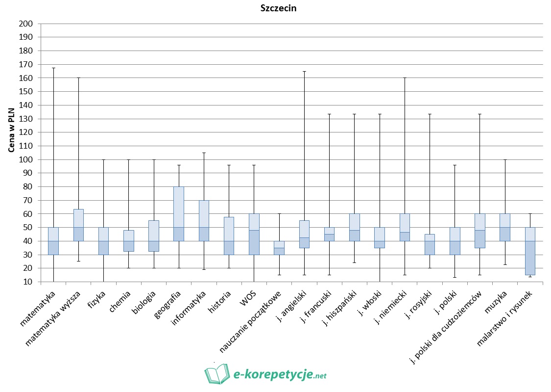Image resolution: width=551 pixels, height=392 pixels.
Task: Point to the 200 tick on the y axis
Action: pyautogui.click(x=25, y=24)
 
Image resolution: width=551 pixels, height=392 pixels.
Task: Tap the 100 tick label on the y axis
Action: pyautogui.click(x=25, y=159)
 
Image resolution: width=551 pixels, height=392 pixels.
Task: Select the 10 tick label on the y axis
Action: pyautogui.click(x=27, y=282)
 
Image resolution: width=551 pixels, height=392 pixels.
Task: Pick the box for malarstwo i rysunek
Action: pyautogui.click(x=530, y=248)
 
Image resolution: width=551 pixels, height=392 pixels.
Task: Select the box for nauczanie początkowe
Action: pyautogui.click(x=279, y=248)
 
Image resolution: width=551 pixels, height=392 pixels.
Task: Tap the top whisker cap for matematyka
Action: pyautogui.click(x=53, y=68)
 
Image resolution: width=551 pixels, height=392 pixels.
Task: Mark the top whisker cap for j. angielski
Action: pyautogui.click(x=304, y=71)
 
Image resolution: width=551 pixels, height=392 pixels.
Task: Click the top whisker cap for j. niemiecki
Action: pyautogui.click(x=405, y=78)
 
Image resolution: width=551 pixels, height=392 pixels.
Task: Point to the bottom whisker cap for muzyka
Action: pyautogui.click(x=504, y=265)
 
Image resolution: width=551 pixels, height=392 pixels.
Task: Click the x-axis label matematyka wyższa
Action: pyautogui.click(x=54, y=317)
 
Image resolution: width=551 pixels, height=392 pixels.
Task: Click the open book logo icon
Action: pyautogui.click(x=216, y=374)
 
